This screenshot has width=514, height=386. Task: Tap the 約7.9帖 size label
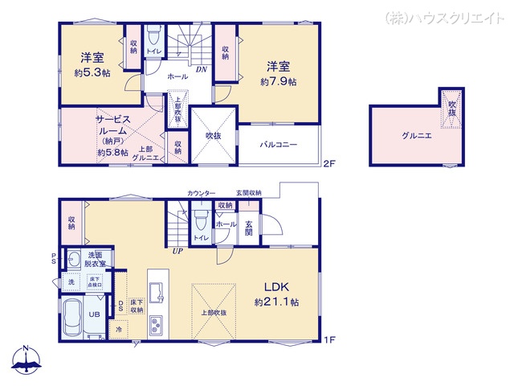click(278, 82)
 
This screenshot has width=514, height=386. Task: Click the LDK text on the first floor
click(273, 286)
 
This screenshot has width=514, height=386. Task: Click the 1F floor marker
click(328, 340)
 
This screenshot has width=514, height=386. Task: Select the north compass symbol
click(27, 361)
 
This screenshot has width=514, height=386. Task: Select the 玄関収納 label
click(248, 193)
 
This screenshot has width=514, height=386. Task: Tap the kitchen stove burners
click(156, 326)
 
